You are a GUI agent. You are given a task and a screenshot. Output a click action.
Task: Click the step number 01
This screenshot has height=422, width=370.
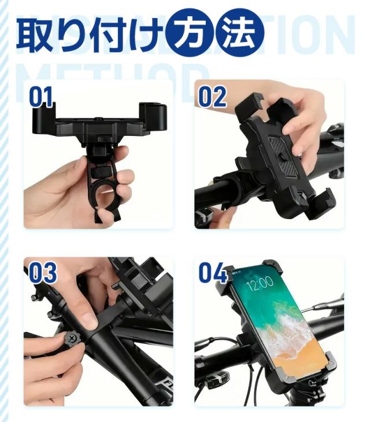point(41,97)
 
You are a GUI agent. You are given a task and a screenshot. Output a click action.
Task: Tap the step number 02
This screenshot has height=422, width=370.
point(212,97)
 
